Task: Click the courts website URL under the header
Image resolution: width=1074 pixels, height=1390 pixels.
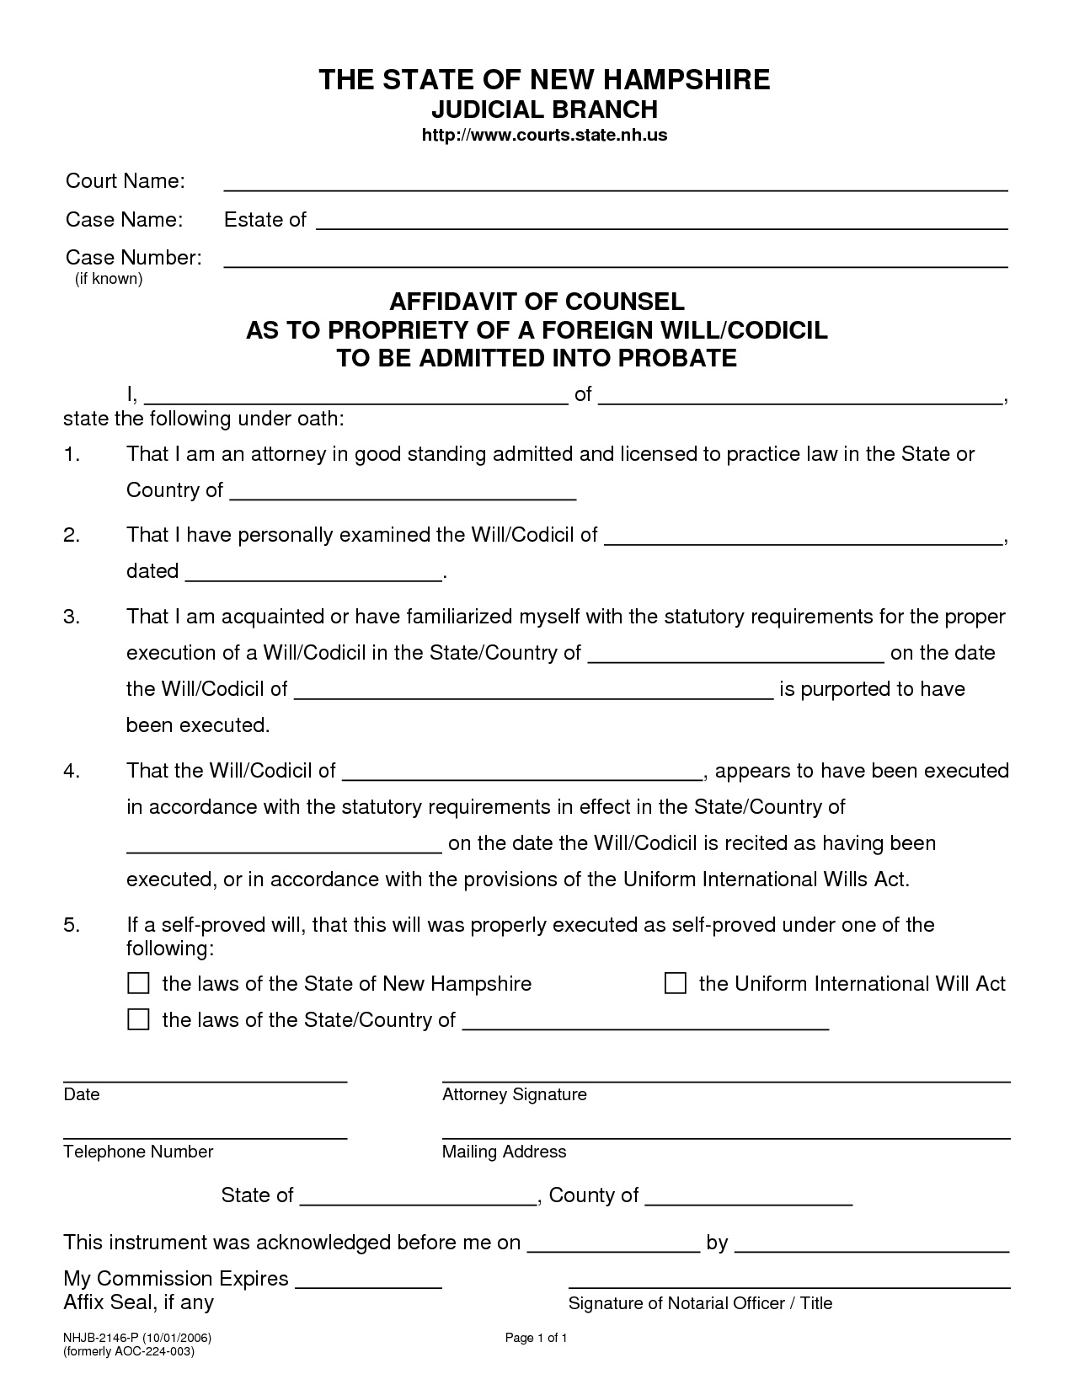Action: (x=543, y=136)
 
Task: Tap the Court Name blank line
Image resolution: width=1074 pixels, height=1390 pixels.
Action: (x=615, y=184)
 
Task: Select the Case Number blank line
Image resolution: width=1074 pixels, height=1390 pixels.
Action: (x=615, y=260)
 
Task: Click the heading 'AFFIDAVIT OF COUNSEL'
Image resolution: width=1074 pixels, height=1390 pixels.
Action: (x=537, y=302)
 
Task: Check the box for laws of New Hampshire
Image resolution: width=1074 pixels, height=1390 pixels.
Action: (x=138, y=983)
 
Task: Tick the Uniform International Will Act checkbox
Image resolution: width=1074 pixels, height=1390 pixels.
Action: (x=676, y=983)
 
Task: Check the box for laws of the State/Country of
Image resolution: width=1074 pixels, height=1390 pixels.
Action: (x=138, y=1019)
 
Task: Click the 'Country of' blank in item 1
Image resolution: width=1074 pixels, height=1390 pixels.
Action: (x=403, y=493)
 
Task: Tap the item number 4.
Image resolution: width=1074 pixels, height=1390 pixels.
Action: (x=72, y=771)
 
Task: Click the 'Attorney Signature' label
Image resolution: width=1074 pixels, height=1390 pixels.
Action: (x=514, y=1094)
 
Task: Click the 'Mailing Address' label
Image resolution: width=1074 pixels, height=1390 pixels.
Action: (x=504, y=1152)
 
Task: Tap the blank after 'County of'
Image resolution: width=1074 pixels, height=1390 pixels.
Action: (x=749, y=1199)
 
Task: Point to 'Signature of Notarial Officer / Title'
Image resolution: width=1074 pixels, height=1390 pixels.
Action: (x=700, y=1303)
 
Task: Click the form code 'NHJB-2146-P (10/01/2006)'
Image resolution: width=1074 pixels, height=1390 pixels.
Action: (x=136, y=1338)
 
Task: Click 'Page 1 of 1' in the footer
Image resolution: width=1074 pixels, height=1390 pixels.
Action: (x=536, y=1338)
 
